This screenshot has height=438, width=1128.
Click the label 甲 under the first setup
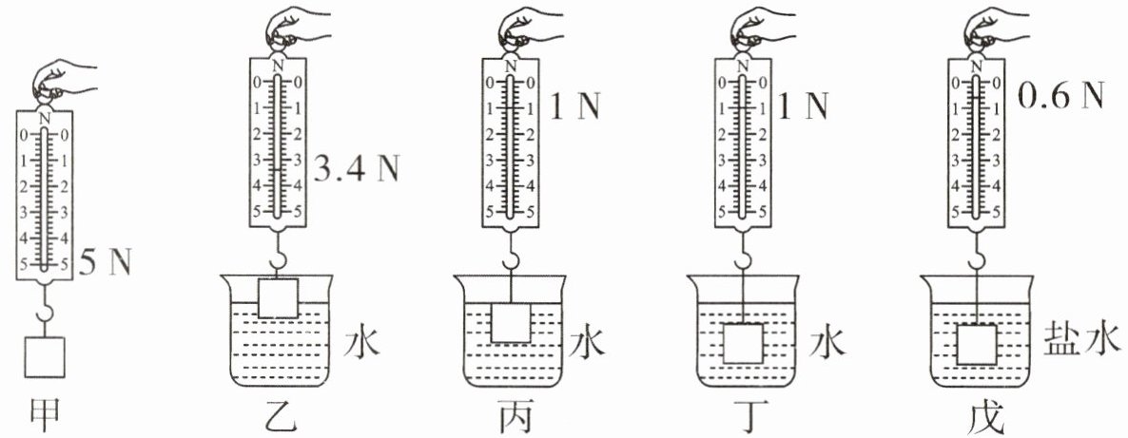(x=43, y=416)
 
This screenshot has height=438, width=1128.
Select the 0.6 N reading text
(x=1060, y=96)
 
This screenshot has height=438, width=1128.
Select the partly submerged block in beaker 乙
(x=279, y=298)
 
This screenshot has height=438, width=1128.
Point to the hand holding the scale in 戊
(x=989, y=26)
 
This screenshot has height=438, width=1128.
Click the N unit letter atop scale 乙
(x=278, y=66)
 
